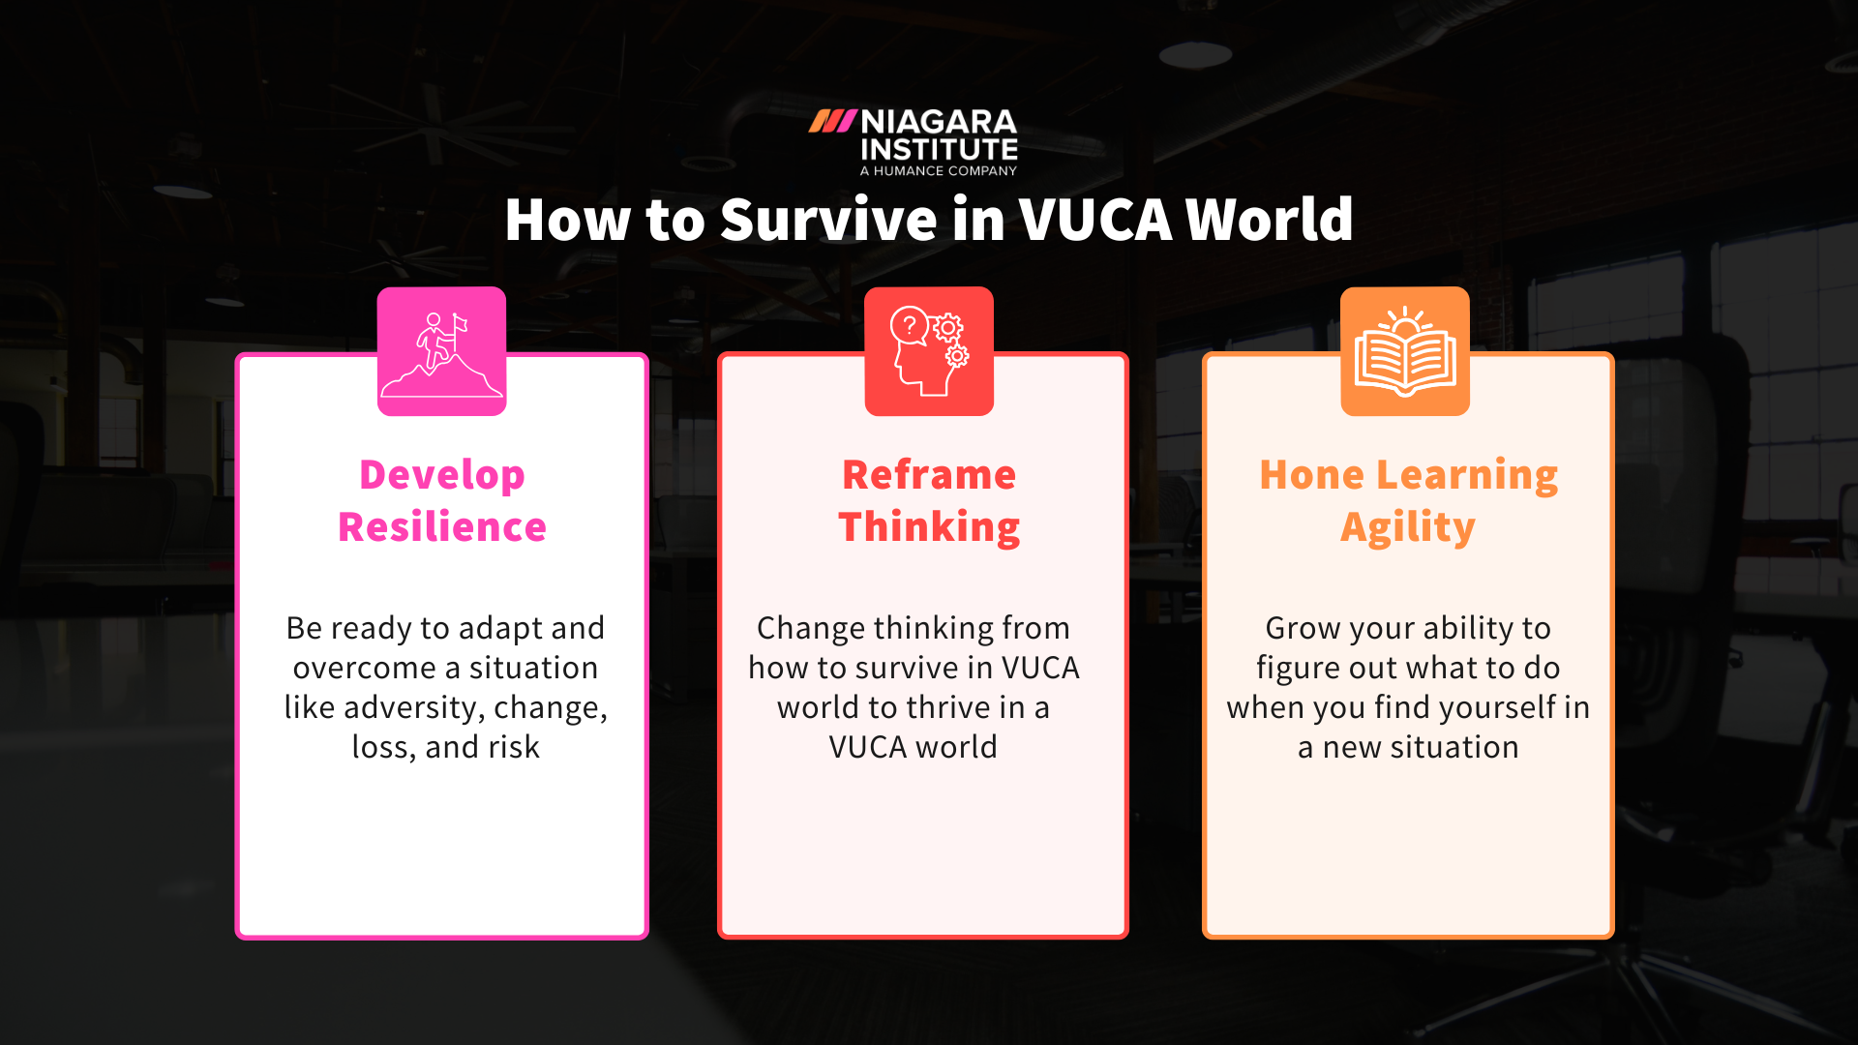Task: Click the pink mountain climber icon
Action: [x=441, y=352]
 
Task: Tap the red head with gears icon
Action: [x=928, y=352]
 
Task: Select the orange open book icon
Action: [x=1405, y=352]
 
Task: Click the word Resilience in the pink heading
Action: [x=442, y=527]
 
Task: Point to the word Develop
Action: [x=442, y=475]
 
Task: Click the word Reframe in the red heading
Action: [x=929, y=475]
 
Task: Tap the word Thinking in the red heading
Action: [x=929, y=527]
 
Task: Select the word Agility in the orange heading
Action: [x=1407, y=527]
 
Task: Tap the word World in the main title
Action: [x=1269, y=220]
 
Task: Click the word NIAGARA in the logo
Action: [x=939, y=122]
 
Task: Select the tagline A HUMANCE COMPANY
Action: [x=939, y=171]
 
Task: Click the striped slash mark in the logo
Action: [x=832, y=121]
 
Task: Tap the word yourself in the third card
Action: [x=1484, y=708]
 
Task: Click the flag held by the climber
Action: [x=460, y=323]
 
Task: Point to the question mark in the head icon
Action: [x=910, y=326]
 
